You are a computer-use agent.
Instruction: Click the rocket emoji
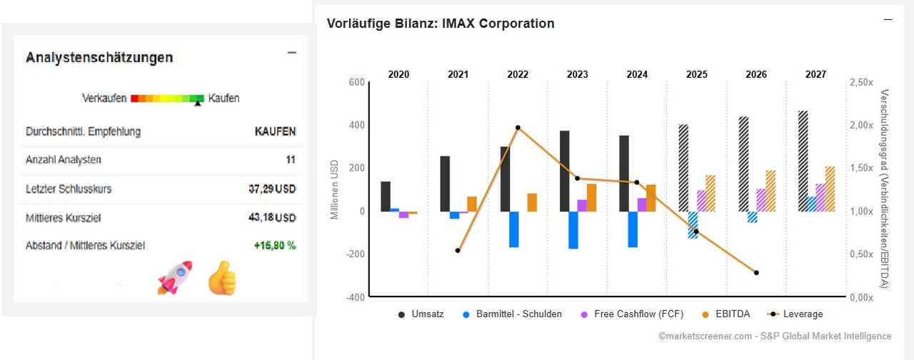pyautogui.click(x=174, y=277)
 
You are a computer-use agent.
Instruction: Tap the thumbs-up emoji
pyautogui.click(x=221, y=278)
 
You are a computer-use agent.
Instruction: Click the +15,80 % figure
pyautogui.click(x=274, y=246)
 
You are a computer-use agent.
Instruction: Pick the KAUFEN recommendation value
pyautogui.click(x=275, y=131)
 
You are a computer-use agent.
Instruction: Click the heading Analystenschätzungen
pyautogui.click(x=99, y=58)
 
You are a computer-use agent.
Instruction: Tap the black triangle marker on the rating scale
pyautogui.click(x=199, y=104)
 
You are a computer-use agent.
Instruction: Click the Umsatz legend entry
pyautogui.click(x=421, y=314)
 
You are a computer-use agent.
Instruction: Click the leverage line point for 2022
pyautogui.click(x=518, y=128)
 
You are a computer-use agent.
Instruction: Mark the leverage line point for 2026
pyautogui.click(x=756, y=273)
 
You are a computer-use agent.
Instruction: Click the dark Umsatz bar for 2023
pyautogui.click(x=564, y=171)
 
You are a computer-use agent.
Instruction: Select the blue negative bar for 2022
pyautogui.click(x=513, y=229)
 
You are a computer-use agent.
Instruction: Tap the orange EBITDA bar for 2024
pyautogui.click(x=651, y=198)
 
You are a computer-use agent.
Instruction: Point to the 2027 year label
pyautogui.click(x=815, y=74)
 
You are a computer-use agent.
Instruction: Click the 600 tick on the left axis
pyautogui.click(x=356, y=83)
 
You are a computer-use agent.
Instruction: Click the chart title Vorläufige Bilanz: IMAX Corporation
pyautogui.click(x=440, y=24)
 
